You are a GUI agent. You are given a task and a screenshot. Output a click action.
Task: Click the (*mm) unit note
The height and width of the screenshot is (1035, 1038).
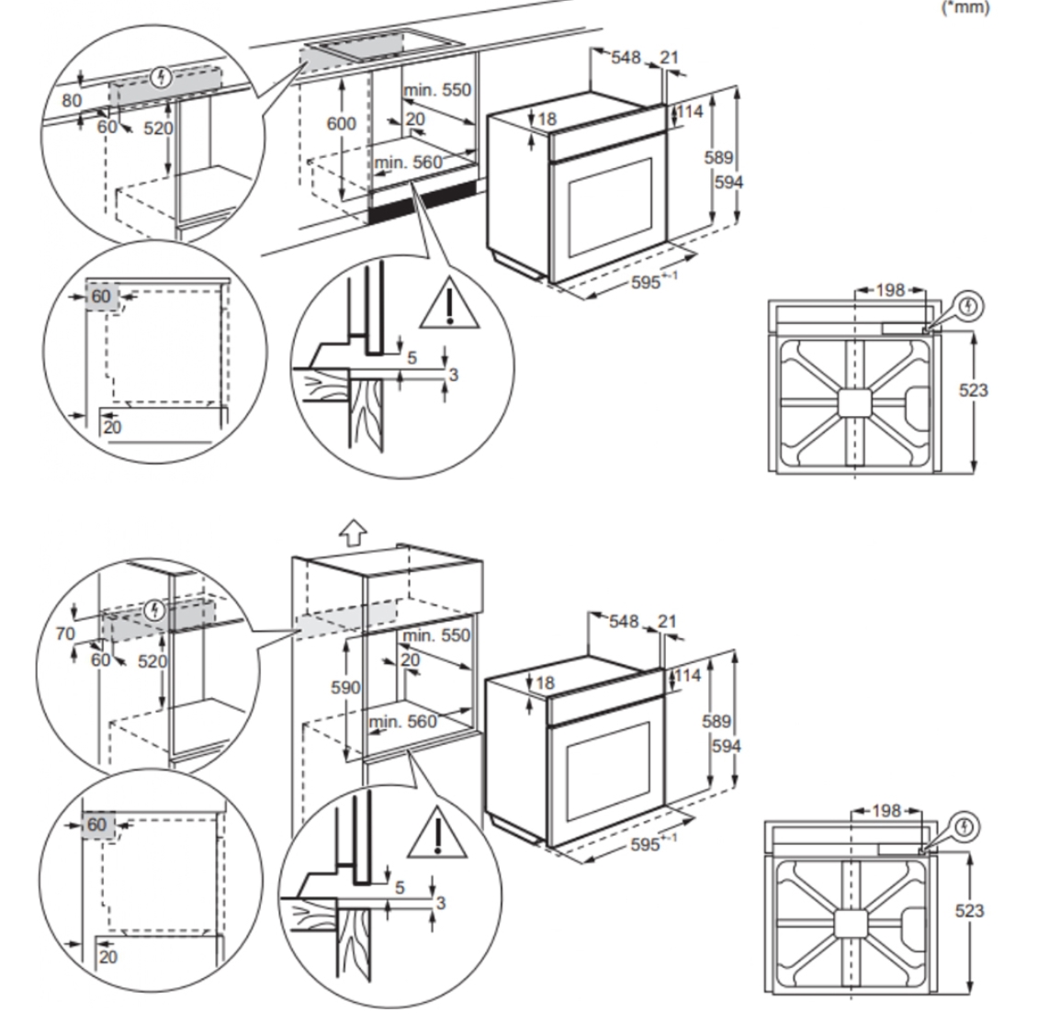965,7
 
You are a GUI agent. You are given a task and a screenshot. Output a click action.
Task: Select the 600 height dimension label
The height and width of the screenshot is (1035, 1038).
342,123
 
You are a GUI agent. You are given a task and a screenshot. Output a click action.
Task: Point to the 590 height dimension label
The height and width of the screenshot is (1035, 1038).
345,687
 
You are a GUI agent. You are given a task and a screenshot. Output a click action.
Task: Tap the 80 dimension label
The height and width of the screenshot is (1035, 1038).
72,100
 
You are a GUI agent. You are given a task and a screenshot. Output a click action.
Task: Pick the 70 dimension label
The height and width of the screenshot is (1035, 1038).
65,633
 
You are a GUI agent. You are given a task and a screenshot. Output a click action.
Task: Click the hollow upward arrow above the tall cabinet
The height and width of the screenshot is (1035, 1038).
352,531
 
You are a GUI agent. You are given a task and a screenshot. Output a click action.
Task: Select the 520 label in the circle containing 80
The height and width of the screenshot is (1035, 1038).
158,128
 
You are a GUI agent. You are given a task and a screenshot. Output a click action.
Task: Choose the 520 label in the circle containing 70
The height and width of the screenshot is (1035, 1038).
152,661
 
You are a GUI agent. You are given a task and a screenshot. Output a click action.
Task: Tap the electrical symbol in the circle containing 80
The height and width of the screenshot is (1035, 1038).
164,77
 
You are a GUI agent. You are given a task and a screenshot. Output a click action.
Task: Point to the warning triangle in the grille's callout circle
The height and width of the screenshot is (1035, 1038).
447,303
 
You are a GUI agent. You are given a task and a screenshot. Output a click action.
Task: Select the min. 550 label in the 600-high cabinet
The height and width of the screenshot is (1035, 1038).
437,90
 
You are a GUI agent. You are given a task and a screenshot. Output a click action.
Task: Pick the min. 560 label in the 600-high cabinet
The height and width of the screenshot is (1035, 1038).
408,163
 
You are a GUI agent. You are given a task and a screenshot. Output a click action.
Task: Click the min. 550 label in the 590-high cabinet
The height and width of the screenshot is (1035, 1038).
435,636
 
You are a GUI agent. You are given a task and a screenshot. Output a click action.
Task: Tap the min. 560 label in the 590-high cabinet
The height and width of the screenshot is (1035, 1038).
403,722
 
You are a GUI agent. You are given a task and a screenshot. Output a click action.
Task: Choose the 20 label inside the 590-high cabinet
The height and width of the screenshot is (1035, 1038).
410,660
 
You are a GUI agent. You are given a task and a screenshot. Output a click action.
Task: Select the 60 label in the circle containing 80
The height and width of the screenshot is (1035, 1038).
107,126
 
